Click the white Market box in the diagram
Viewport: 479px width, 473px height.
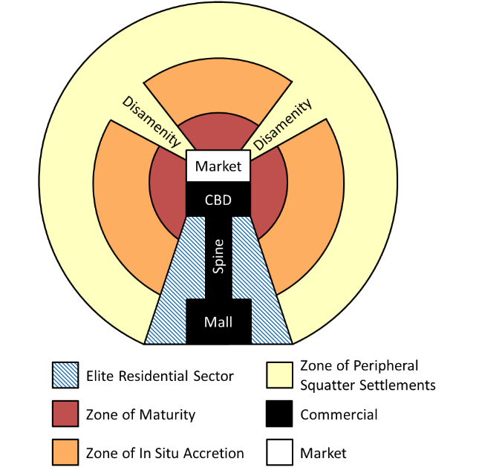click(218, 166)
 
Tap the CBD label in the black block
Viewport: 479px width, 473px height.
click(218, 200)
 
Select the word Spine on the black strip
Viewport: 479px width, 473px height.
click(218, 257)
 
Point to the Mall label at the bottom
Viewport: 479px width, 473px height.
click(218, 322)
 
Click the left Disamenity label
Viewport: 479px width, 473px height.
click(151, 120)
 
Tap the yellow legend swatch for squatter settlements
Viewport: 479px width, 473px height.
click(278, 376)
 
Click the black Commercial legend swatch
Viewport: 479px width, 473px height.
click(278, 414)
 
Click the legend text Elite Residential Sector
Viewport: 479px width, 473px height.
click(160, 376)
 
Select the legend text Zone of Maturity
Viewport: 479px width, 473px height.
click(140, 414)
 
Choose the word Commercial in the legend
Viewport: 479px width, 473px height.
click(339, 415)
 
